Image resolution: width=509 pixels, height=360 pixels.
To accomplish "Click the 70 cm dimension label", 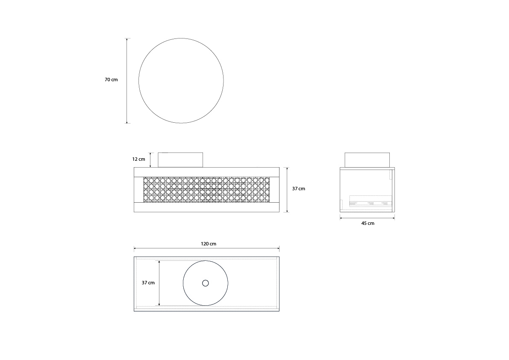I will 111,80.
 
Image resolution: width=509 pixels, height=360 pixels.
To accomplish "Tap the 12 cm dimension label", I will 138,159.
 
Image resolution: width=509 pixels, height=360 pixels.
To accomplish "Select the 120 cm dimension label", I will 209,244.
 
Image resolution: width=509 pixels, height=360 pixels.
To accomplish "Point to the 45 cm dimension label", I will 368,223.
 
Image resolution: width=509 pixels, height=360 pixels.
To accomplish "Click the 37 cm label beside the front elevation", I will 299,189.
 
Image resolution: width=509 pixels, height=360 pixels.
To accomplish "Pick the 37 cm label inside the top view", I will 148,283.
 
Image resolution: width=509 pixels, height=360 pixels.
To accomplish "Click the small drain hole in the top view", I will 206,283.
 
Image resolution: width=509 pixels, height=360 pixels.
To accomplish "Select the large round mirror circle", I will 181,80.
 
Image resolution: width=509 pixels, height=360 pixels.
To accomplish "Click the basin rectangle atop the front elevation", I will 180,160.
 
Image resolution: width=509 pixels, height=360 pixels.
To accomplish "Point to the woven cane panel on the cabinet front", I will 206,189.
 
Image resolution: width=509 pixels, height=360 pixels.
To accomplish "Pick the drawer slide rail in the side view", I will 370,203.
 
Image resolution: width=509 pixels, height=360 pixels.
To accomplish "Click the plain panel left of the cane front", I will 138,189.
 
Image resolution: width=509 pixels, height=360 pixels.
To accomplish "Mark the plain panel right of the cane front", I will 274,189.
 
